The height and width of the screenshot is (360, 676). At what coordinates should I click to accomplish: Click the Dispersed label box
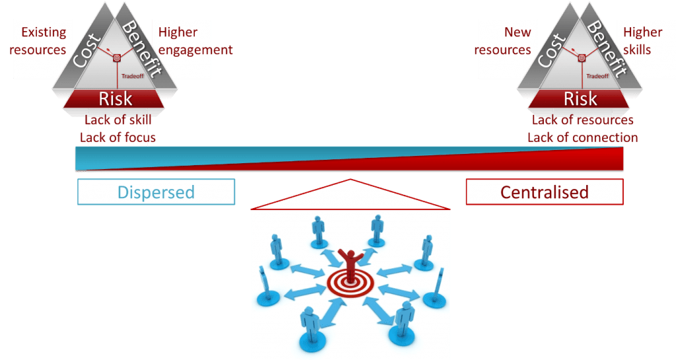pos(156,192)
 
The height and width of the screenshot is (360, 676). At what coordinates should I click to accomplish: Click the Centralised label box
pos(544,192)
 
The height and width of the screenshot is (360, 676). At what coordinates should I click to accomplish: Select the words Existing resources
pos(43,41)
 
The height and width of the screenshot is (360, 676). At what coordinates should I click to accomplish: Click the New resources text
pos(503,41)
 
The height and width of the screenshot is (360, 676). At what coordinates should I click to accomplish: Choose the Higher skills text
pos(642,41)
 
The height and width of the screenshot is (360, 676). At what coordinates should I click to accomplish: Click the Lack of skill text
pos(119,120)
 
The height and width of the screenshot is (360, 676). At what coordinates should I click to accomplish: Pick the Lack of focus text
pos(118,137)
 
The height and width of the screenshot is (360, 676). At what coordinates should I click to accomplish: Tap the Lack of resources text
pos(582,120)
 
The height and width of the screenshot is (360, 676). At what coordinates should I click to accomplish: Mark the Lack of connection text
pos(582,137)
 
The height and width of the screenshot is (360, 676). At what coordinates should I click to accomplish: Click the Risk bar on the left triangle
pos(115,99)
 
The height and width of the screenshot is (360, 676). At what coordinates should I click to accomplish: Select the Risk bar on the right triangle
pos(580,99)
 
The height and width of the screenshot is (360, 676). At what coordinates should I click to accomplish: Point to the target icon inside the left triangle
pos(116,57)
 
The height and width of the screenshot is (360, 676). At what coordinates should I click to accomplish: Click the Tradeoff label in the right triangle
pos(597,76)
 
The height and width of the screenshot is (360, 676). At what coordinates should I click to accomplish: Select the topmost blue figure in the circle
pos(377,227)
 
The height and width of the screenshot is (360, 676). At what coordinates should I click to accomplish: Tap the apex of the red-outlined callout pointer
pos(351,179)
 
